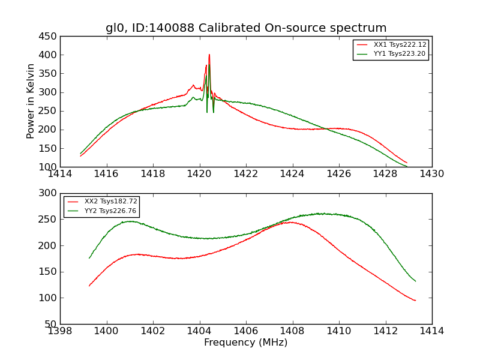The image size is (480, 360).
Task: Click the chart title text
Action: coord(246,28)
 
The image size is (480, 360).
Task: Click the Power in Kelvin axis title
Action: coord(31,101)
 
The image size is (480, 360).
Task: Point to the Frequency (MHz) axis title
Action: coord(245,343)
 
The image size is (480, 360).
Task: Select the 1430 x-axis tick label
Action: coord(431,175)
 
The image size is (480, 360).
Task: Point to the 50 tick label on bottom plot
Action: coord(52,325)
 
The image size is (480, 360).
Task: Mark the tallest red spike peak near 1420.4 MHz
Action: coord(209,55)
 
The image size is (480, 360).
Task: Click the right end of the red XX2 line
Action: coord(415,301)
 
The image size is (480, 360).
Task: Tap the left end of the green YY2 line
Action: coord(89,258)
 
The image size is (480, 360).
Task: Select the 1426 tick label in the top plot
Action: coord(338,175)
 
